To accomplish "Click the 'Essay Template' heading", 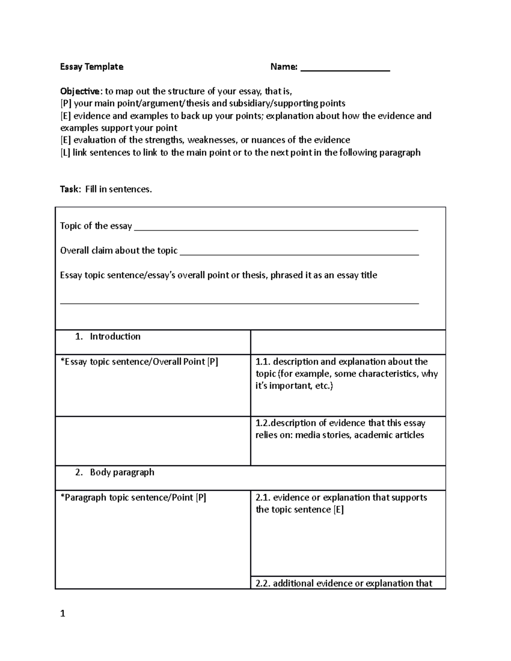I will tap(92, 67).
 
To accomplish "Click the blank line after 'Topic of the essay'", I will tap(276, 229).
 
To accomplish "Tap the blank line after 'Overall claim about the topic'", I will tap(299, 254).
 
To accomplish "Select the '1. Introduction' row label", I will tap(108, 337).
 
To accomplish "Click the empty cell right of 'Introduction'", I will tap(347, 342).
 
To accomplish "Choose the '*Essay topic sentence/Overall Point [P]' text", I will tap(139, 362).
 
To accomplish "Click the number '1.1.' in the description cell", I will tap(263, 362).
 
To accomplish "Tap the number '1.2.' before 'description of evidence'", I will tap(263, 423).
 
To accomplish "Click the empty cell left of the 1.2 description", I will tap(152, 441).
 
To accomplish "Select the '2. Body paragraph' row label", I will tap(115, 472).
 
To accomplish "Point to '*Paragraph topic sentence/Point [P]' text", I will tap(133, 498).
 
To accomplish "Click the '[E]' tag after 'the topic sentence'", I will tap(338, 510).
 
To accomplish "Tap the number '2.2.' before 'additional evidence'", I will tap(263, 584).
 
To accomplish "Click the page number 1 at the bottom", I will tap(63, 614).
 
